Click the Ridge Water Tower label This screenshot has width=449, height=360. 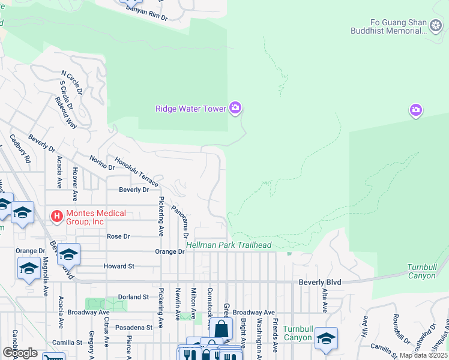(190, 109)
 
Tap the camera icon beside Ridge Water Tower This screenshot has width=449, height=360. (235, 109)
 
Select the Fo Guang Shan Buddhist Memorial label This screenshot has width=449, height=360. (388, 28)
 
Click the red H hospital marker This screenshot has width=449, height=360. (56, 215)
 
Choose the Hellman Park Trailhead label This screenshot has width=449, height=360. (229, 245)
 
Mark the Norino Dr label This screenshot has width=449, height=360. (101, 162)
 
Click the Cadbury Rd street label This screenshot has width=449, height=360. (19, 149)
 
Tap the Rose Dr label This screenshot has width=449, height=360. (118, 236)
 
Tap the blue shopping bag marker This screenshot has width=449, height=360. (221, 329)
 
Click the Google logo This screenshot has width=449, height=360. (20, 352)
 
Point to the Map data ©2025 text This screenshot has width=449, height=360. (423, 355)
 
